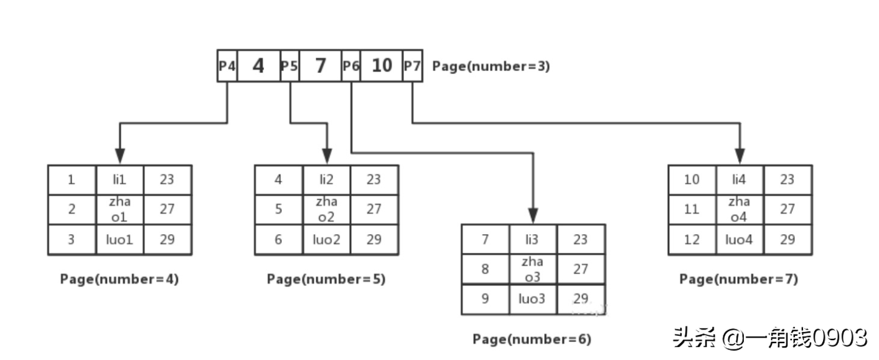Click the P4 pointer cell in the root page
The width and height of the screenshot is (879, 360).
click(227, 65)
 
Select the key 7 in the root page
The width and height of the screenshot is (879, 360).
click(320, 65)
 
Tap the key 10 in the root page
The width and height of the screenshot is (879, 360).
click(381, 65)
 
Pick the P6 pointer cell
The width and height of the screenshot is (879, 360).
click(350, 65)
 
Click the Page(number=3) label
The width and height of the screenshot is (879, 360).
click(491, 66)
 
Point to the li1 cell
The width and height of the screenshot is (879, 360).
click(120, 179)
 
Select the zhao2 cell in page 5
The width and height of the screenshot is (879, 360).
click(326, 209)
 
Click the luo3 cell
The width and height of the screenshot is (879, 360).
click(533, 299)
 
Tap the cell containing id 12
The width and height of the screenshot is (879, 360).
click(692, 240)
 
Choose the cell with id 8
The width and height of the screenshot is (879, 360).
click(486, 269)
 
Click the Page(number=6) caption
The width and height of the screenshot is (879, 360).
click(532, 339)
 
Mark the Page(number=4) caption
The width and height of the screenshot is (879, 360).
click(120, 280)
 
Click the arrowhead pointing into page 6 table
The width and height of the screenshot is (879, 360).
click(533, 216)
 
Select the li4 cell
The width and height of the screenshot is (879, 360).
click(740, 179)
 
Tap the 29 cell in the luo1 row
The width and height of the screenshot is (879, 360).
click(167, 240)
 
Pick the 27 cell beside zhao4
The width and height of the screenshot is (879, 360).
click(787, 209)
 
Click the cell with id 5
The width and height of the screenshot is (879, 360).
click(278, 209)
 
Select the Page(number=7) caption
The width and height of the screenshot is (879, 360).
click(738, 280)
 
